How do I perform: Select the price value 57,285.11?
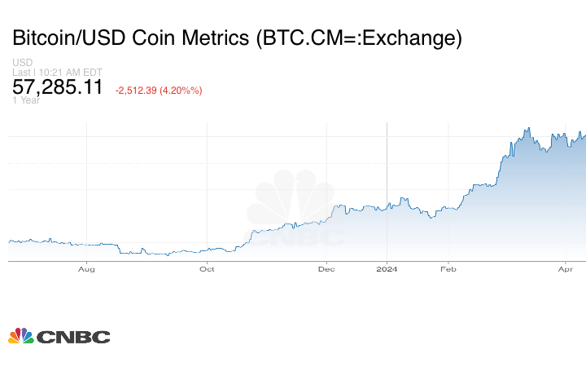click(58, 86)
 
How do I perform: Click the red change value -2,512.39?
click(138, 90)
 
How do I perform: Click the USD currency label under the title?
click(22, 62)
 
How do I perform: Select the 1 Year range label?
click(26, 100)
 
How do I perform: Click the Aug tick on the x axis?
click(87, 268)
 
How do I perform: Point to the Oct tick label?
click(207, 268)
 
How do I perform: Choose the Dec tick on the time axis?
click(326, 268)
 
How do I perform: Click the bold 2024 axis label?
click(387, 268)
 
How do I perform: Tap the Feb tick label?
click(446, 268)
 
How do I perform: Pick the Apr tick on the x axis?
click(566, 268)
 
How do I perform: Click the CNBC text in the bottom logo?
click(73, 336)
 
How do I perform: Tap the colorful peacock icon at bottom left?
click(21, 335)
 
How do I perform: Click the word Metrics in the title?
click(214, 38)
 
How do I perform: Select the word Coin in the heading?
click(155, 38)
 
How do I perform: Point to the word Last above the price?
click(20, 72)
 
